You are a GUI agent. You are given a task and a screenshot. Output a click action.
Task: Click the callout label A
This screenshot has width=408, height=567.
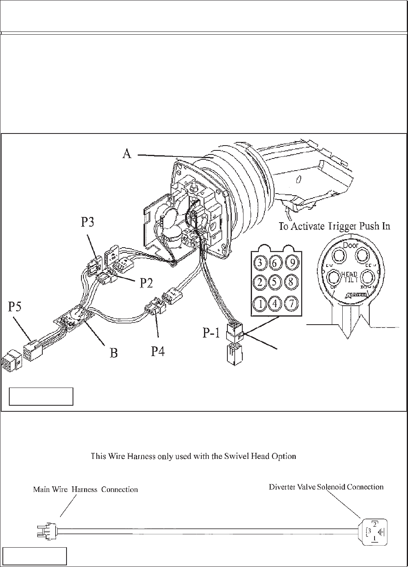[x=127, y=154]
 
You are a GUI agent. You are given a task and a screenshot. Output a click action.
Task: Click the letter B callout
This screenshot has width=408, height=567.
[x=114, y=353]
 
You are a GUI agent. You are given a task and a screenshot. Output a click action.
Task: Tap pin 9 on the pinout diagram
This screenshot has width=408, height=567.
[x=291, y=263]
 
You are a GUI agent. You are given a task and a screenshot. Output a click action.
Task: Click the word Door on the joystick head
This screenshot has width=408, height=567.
[x=350, y=245]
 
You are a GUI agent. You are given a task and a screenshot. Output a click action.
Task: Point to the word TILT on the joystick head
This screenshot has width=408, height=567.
[x=350, y=280]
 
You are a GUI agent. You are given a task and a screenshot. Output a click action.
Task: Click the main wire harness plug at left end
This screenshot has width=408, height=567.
[x=48, y=530]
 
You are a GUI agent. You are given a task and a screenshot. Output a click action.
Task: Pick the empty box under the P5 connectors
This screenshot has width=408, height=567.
[x=41, y=396]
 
